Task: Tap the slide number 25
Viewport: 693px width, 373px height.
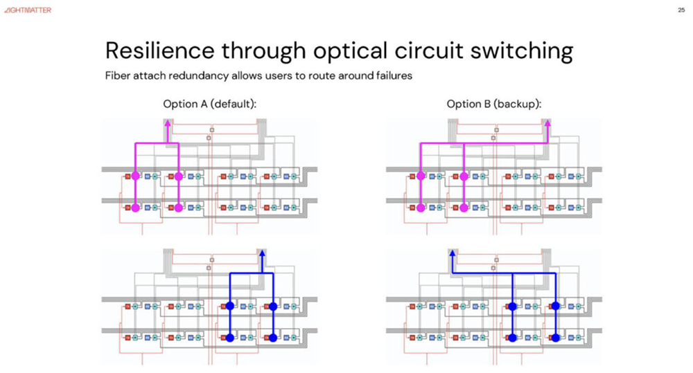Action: [680, 10]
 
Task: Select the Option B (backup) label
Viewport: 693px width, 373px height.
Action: [494, 104]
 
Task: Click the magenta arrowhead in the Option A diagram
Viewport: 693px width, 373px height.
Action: [167, 124]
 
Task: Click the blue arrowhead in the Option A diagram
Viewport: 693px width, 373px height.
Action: [262, 254]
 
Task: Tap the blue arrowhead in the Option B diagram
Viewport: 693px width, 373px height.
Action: [452, 254]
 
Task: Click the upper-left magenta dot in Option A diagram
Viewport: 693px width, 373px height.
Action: [135, 176]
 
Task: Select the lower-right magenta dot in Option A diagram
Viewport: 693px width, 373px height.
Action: [179, 208]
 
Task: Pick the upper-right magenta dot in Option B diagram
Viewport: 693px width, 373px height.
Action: [464, 176]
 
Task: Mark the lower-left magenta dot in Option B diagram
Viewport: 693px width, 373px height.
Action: [421, 208]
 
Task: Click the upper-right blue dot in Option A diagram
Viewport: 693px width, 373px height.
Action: [273, 306]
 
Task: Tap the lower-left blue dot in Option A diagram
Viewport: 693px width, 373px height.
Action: [229, 338]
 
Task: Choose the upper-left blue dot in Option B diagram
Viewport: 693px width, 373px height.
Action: [511, 306]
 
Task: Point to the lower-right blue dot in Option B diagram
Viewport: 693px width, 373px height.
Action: [555, 338]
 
